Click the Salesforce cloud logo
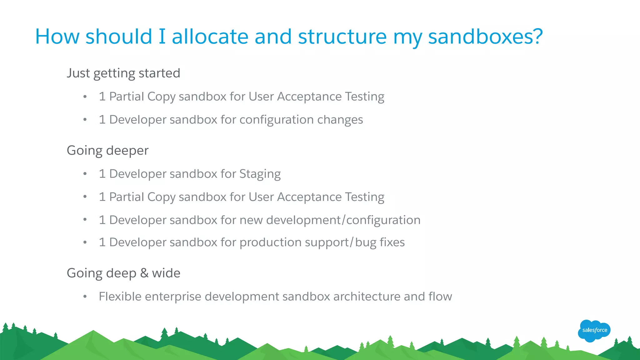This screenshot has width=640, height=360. point(594,331)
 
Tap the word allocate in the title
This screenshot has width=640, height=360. point(210,37)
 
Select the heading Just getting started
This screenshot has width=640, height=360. point(123,73)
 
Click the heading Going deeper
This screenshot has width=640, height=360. point(107,151)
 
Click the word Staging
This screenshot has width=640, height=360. point(260,174)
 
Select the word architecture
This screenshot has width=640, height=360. point(367,297)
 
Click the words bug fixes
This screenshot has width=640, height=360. point(380,242)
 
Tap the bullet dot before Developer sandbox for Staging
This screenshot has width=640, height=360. point(85,174)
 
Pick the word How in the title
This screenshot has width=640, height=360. point(57,37)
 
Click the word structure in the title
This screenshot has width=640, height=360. point(342,37)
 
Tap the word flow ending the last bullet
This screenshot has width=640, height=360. point(440,297)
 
